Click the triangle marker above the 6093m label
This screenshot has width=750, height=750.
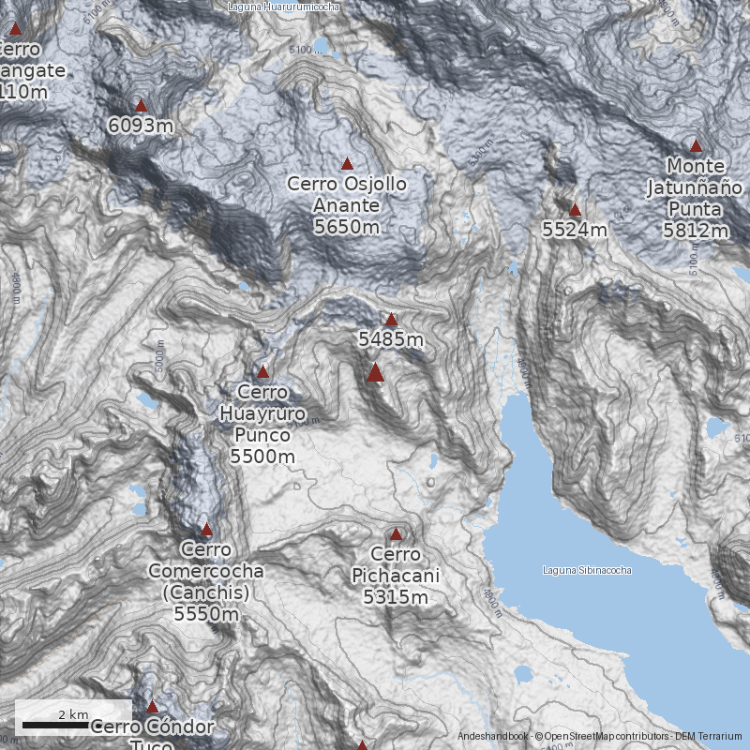pyautogui.click(x=141, y=106)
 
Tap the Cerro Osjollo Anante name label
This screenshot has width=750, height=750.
pyautogui.click(x=347, y=195)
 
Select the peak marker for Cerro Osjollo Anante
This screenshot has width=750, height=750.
pyautogui.click(x=347, y=164)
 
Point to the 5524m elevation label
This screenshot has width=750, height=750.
pyautogui.click(x=575, y=229)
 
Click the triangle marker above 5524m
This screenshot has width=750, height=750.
pyautogui.click(x=575, y=210)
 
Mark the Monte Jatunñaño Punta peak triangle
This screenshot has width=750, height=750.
pyautogui.click(x=696, y=145)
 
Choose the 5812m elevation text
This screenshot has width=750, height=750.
pyautogui.click(x=696, y=230)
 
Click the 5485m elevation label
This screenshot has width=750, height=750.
pyautogui.click(x=391, y=338)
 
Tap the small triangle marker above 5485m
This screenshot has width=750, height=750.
pyautogui.click(x=391, y=320)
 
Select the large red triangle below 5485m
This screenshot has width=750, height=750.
pyautogui.click(x=375, y=373)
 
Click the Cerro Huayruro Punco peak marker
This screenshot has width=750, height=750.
pyautogui.click(x=262, y=372)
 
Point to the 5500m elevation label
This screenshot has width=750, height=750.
pyautogui.click(x=262, y=457)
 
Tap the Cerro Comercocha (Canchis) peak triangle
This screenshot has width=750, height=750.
pyautogui.click(x=206, y=530)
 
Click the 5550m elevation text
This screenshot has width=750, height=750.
pyautogui.click(x=206, y=614)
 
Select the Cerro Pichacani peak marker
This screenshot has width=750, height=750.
pyautogui.click(x=396, y=534)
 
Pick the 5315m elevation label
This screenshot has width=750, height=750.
pyautogui.click(x=396, y=596)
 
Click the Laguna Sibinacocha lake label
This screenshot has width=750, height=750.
pyautogui.click(x=587, y=570)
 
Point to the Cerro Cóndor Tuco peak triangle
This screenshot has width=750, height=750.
pyautogui.click(x=152, y=706)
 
